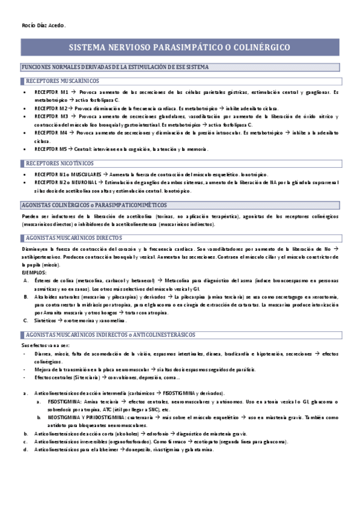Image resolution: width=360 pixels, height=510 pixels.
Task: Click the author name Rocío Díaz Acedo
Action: [x=43, y=25]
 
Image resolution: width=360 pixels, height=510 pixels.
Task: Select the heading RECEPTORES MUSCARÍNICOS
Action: [x=63, y=81]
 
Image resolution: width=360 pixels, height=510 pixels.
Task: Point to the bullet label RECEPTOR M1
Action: [x=52, y=92]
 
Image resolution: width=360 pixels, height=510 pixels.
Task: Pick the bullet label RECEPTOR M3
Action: [x=52, y=115]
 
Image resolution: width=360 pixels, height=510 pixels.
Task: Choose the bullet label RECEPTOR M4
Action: [x=52, y=131]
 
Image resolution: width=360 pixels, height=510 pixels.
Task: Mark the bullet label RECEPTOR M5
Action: [x=52, y=148]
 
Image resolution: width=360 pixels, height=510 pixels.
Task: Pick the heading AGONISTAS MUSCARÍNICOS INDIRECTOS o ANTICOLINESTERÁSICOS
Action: [x=114, y=335]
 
